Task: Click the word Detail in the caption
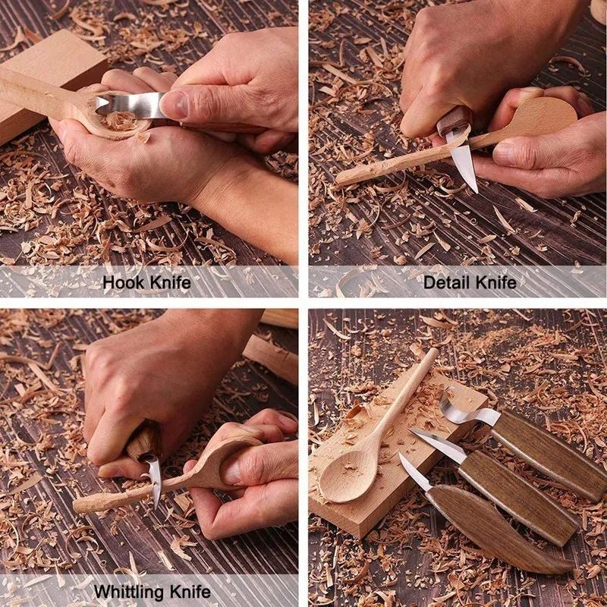445,283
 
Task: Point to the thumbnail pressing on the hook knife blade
173,105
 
